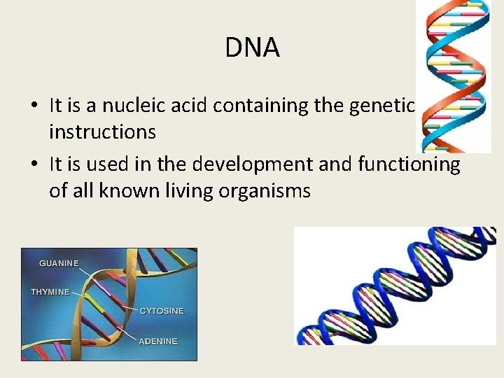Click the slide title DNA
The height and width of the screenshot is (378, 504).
(x=252, y=48)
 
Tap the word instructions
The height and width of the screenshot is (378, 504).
(x=102, y=131)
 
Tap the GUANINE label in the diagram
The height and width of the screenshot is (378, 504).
(x=59, y=263)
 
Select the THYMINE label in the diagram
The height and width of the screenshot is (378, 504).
(x=50, y=291)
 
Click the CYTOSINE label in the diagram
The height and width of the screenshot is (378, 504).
(x=162, y=309)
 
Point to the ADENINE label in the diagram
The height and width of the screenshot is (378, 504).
(x=158, y=341)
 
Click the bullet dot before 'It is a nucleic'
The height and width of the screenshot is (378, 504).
(x=34, y=106)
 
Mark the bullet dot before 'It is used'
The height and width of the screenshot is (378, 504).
(x=34, y=164)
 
